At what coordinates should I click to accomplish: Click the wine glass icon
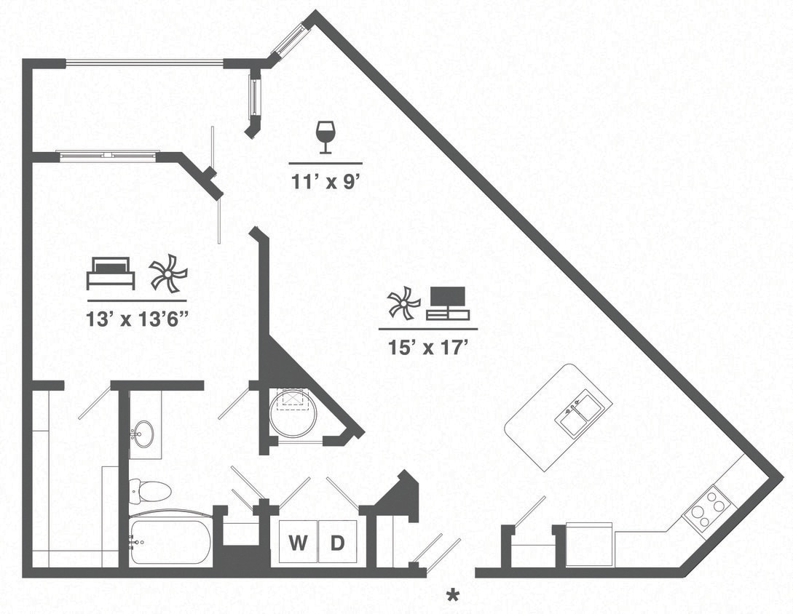(325, 137)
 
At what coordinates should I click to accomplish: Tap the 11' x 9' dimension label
(326, 180)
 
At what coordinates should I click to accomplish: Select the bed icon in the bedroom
(111, 274)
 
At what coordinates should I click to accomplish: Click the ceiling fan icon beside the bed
(167, 273)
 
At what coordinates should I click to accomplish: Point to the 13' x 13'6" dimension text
(137, 319)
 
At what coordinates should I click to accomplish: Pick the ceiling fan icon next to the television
(403, 303)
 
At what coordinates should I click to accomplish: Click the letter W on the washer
(298, 543)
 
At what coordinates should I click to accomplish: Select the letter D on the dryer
(337, 543)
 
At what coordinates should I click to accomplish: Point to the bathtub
(170, 541)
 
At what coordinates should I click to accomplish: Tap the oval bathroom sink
(144, 434)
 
